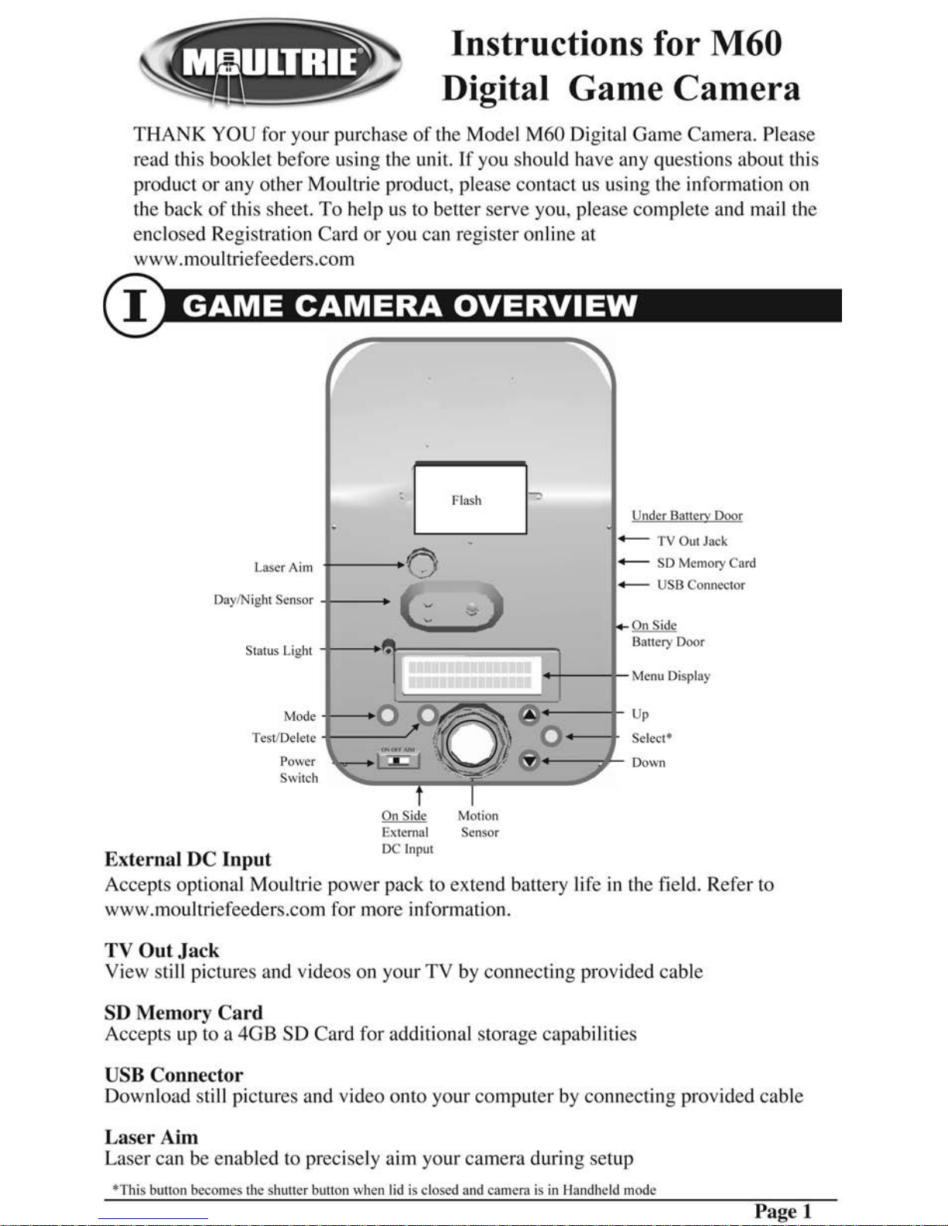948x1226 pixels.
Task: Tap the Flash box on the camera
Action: (470, 499)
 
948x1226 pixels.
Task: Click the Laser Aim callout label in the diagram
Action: (283, 567)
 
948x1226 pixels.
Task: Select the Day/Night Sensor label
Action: (263, 599)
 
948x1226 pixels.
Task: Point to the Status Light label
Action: (279, 651)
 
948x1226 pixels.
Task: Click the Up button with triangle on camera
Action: (529, 714)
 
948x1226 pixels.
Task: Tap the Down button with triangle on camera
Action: (529, 761)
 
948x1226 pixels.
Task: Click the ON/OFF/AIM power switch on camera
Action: (399, 761)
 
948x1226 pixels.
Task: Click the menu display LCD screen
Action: (470, 674)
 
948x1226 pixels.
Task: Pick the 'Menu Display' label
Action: (670, 676)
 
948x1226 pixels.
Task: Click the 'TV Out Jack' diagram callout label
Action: (692, 541)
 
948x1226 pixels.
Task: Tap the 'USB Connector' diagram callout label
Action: (700, 585)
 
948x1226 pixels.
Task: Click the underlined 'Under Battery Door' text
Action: (686, 516)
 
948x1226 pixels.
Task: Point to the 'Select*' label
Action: (652, 738)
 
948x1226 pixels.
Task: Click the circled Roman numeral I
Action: (135, 306)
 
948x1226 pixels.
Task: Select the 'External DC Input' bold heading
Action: (188, 859)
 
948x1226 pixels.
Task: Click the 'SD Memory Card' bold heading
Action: (183, 1013)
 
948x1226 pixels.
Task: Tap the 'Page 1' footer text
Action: (782, 1211)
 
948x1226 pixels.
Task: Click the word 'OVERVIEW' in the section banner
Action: (546, 306)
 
